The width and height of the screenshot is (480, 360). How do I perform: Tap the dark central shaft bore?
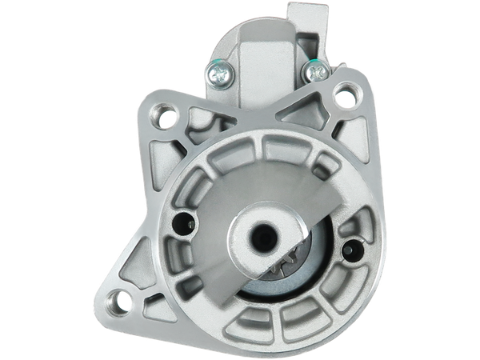click(x=262, y=238)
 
